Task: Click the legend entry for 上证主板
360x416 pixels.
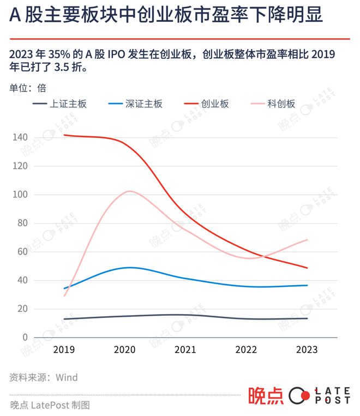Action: [x=60, y=104]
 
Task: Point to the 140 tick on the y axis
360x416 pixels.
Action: [x=20, y=137]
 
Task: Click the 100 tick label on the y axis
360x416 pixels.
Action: [x=20, y=195]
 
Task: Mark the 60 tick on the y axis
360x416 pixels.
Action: [x=22, y=252]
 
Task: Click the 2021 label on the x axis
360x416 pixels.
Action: [x=187, y=349]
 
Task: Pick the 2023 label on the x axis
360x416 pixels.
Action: [x=307, y=349]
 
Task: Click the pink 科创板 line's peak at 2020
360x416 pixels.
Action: [x=129, y=191]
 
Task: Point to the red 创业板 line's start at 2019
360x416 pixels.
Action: [x=64, y=135]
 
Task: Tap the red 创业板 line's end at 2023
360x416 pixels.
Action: [x=307, y=268]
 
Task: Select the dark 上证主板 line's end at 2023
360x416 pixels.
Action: [x=307, y=318]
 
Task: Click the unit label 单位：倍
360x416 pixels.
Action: [x=27, y=87]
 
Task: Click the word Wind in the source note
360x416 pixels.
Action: [x=68, y=377]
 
